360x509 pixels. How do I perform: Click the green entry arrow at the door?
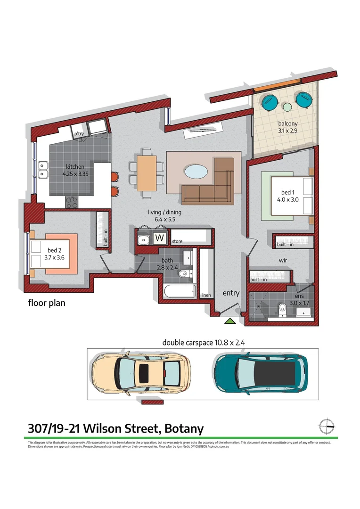[229, 321]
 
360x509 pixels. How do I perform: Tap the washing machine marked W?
[160, 238]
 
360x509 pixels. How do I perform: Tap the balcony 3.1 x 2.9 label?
[287, 128]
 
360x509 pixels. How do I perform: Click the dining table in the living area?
[147, 172]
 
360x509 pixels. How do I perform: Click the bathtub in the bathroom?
[180, 291]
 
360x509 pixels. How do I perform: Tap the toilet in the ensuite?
[283, 309]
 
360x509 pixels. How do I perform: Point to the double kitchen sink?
[43, 170]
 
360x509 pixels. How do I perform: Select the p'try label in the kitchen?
[79, 134]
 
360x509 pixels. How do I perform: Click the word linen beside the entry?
[205, 295]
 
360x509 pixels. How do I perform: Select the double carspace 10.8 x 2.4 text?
[203, 343]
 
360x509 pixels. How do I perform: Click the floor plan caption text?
[47, 303]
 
